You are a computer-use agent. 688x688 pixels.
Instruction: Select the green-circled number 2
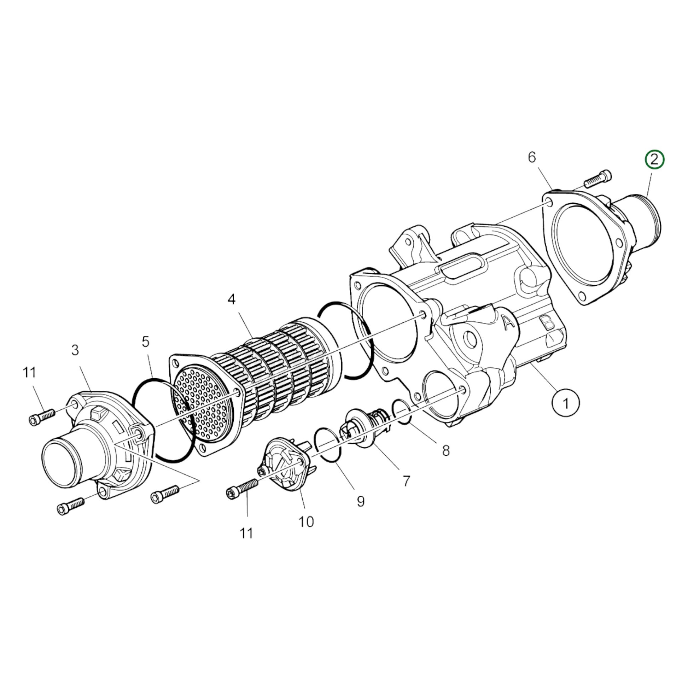point(654,159)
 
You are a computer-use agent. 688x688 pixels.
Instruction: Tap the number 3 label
point(75,350)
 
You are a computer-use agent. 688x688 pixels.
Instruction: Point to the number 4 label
point(232,299)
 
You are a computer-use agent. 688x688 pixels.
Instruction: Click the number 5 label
point(146,342)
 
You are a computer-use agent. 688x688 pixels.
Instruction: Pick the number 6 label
point(532,157)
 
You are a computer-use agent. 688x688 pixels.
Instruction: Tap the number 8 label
point(446,451)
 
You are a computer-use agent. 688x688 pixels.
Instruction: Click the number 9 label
point(361,502)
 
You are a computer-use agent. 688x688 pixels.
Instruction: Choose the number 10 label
point(306,522)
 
